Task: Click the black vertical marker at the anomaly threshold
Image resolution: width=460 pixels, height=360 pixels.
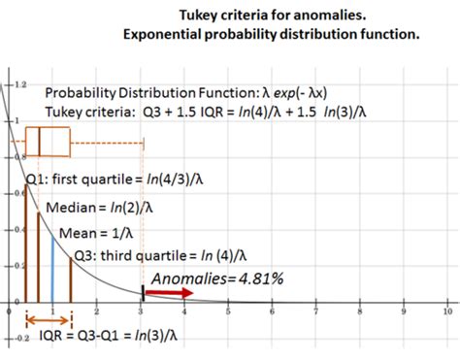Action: (144, 291)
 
